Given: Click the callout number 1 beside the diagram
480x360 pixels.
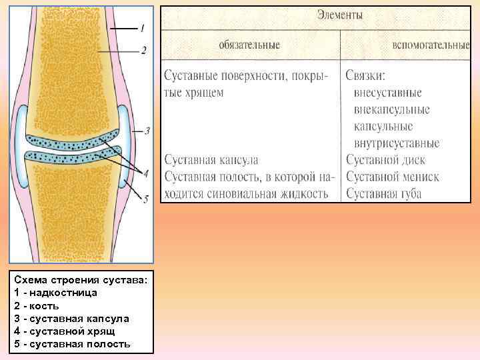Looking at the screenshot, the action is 143,28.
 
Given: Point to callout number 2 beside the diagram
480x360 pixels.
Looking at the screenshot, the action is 144,50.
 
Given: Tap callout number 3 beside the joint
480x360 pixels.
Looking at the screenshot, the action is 147,130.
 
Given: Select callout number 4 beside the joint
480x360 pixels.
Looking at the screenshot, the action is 145,173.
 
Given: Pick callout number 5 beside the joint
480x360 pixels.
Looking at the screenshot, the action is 145,197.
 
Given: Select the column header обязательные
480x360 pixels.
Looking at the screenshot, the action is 249,45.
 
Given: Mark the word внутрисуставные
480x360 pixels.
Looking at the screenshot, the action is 395,143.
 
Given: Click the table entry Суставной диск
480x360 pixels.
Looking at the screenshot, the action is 385,160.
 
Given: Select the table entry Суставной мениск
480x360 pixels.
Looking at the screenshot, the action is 392,177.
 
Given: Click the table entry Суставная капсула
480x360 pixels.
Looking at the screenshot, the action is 211,160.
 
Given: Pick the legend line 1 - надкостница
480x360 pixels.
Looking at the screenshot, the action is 55,293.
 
